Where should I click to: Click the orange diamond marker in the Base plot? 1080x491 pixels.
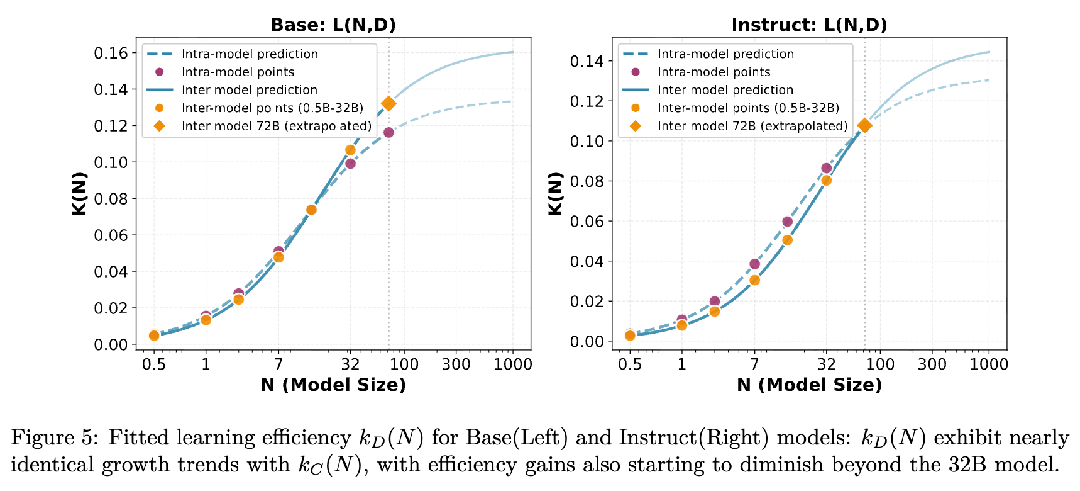pyautogui.click(x=388, y=104)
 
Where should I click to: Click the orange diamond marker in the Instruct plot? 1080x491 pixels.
pyautogui.click(x=864, y=125)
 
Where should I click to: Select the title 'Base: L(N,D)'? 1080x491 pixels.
pyautogui.click(x=333, y=25)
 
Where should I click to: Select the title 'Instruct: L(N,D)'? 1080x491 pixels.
pyautogui.click(x=809, y=25)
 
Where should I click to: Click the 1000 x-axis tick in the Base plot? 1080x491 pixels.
pyautogui.click(x=513, y=364)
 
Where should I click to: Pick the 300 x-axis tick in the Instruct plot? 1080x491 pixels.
pyautogui.click(x=932, y=364)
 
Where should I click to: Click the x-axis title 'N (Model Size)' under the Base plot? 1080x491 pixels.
pyautogui.click(x=333, y=385)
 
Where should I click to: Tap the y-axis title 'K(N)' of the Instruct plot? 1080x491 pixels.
pyautogui.click(x=556, y=194)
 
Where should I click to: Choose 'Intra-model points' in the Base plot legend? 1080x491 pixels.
pyautogui.click(x=238, y=72)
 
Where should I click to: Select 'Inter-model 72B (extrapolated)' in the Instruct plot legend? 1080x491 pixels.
pyautogui.click(x=752, y=126)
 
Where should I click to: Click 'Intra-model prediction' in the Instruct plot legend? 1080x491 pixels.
pyautogui.click(x=725, y=54)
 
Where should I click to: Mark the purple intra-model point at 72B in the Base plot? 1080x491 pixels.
pyautogui.click(x=388, y=132)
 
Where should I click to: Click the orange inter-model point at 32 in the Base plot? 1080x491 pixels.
pyautogui.click(x=350, y=150)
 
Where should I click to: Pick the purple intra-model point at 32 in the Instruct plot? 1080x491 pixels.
pyautogui.click(x=826, y=168)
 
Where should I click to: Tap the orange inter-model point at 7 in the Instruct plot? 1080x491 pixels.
pyautogui.click(x=754, y=280)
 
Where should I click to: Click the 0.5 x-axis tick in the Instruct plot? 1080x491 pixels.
pyautogui.click(x=630, y=364)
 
